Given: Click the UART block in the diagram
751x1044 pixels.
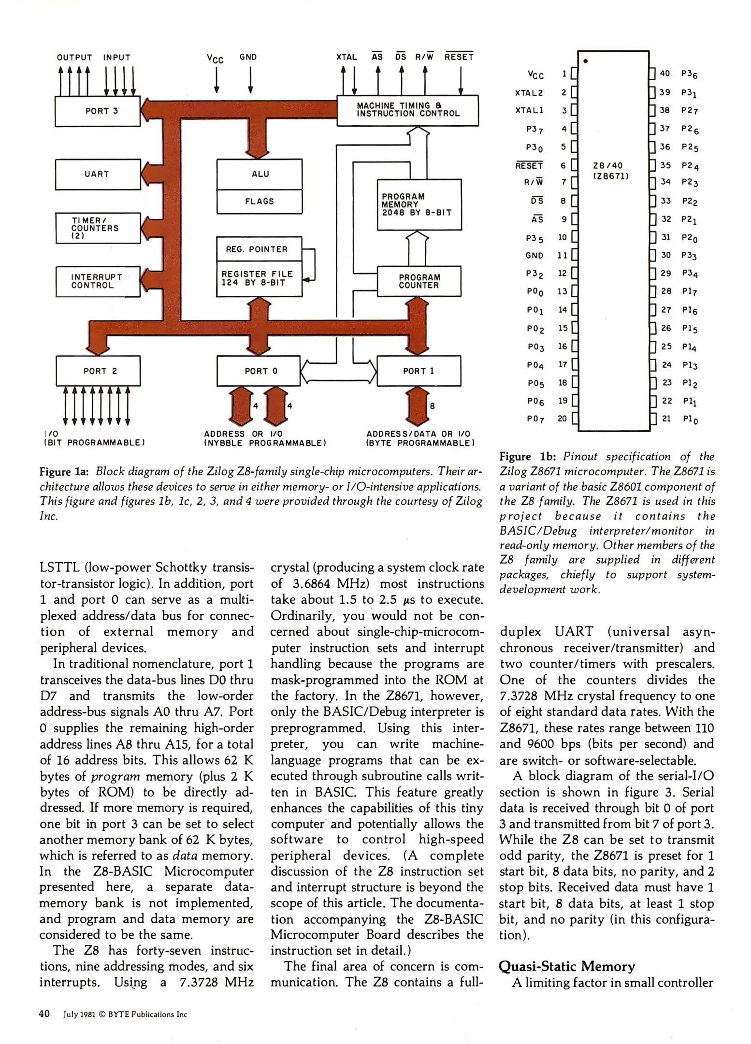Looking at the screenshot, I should point(98,174).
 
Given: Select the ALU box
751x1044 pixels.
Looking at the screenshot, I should point(260,174).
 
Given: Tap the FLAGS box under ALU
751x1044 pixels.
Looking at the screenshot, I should point(260,201).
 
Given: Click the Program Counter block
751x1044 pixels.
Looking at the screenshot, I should point(419,281).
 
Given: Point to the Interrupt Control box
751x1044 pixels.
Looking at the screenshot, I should point(98,281).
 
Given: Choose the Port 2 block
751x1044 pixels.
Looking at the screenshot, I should point(99,371).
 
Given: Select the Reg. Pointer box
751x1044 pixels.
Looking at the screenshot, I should point(259,249).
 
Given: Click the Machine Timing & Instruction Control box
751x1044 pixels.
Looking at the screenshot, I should point(407,110).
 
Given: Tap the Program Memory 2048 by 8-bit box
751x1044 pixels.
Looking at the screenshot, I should point(419,204).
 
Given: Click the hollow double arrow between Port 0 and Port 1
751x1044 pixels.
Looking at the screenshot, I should point(338,371).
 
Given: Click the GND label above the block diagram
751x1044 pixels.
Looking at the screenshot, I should point(248,57).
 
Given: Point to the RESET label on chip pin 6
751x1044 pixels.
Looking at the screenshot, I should point(529,166).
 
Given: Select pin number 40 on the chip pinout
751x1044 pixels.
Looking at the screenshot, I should point(665,73).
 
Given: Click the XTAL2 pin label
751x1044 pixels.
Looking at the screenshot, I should point(529,93).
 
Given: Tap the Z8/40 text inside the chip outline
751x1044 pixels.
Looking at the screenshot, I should point(608,166).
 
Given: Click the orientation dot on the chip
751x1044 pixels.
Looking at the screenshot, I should point(586,61).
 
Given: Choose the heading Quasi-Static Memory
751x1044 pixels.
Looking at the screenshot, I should point(566,966).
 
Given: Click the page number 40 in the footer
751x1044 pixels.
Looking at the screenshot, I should point(44,1014).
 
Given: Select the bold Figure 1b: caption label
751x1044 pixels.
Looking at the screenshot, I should point(528,457).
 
